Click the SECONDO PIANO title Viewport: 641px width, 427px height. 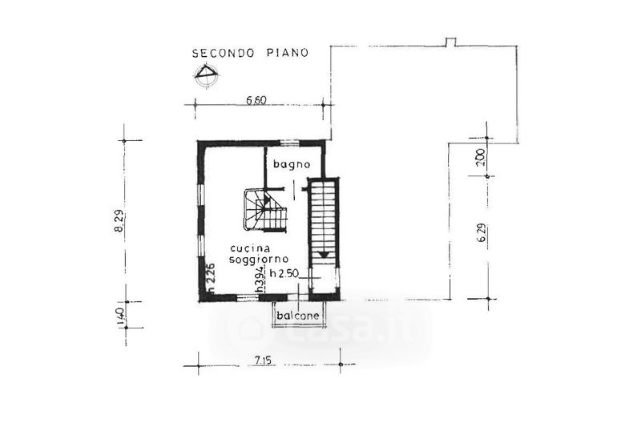pyautogui.click(x=250, y=53)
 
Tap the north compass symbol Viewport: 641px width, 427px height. pyautogui.click(x=207, y=75)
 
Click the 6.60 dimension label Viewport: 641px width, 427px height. pyautogui.click(x=256, y=100)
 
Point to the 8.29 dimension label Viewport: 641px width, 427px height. pyautogui.click(x=119, y=223)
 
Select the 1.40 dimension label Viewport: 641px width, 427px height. pyautogui.click(x=121, y=316)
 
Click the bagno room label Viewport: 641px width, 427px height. pyautogui.click(x=292, y=165)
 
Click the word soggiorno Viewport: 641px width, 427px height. pyautogui.click(x=259, y=260)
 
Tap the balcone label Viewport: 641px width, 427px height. pyautogui.click(x=297, y=316)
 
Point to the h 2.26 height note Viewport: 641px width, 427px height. pyautogui.click(x=211, y=278)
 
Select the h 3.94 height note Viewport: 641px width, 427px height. pyautogui.click(x=259, y=280)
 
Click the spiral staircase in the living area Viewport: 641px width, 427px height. pyautogui.click(x=265, y=210)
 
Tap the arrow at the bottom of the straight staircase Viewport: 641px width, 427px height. pyautogui.click(x=324, y=255)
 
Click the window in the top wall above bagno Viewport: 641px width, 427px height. pyautogui.click(x=291, y=143)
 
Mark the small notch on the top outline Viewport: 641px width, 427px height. pyautogui.click(x=450, y=42)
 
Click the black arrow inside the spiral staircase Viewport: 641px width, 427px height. pyautogui.click(x=267, y=200)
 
